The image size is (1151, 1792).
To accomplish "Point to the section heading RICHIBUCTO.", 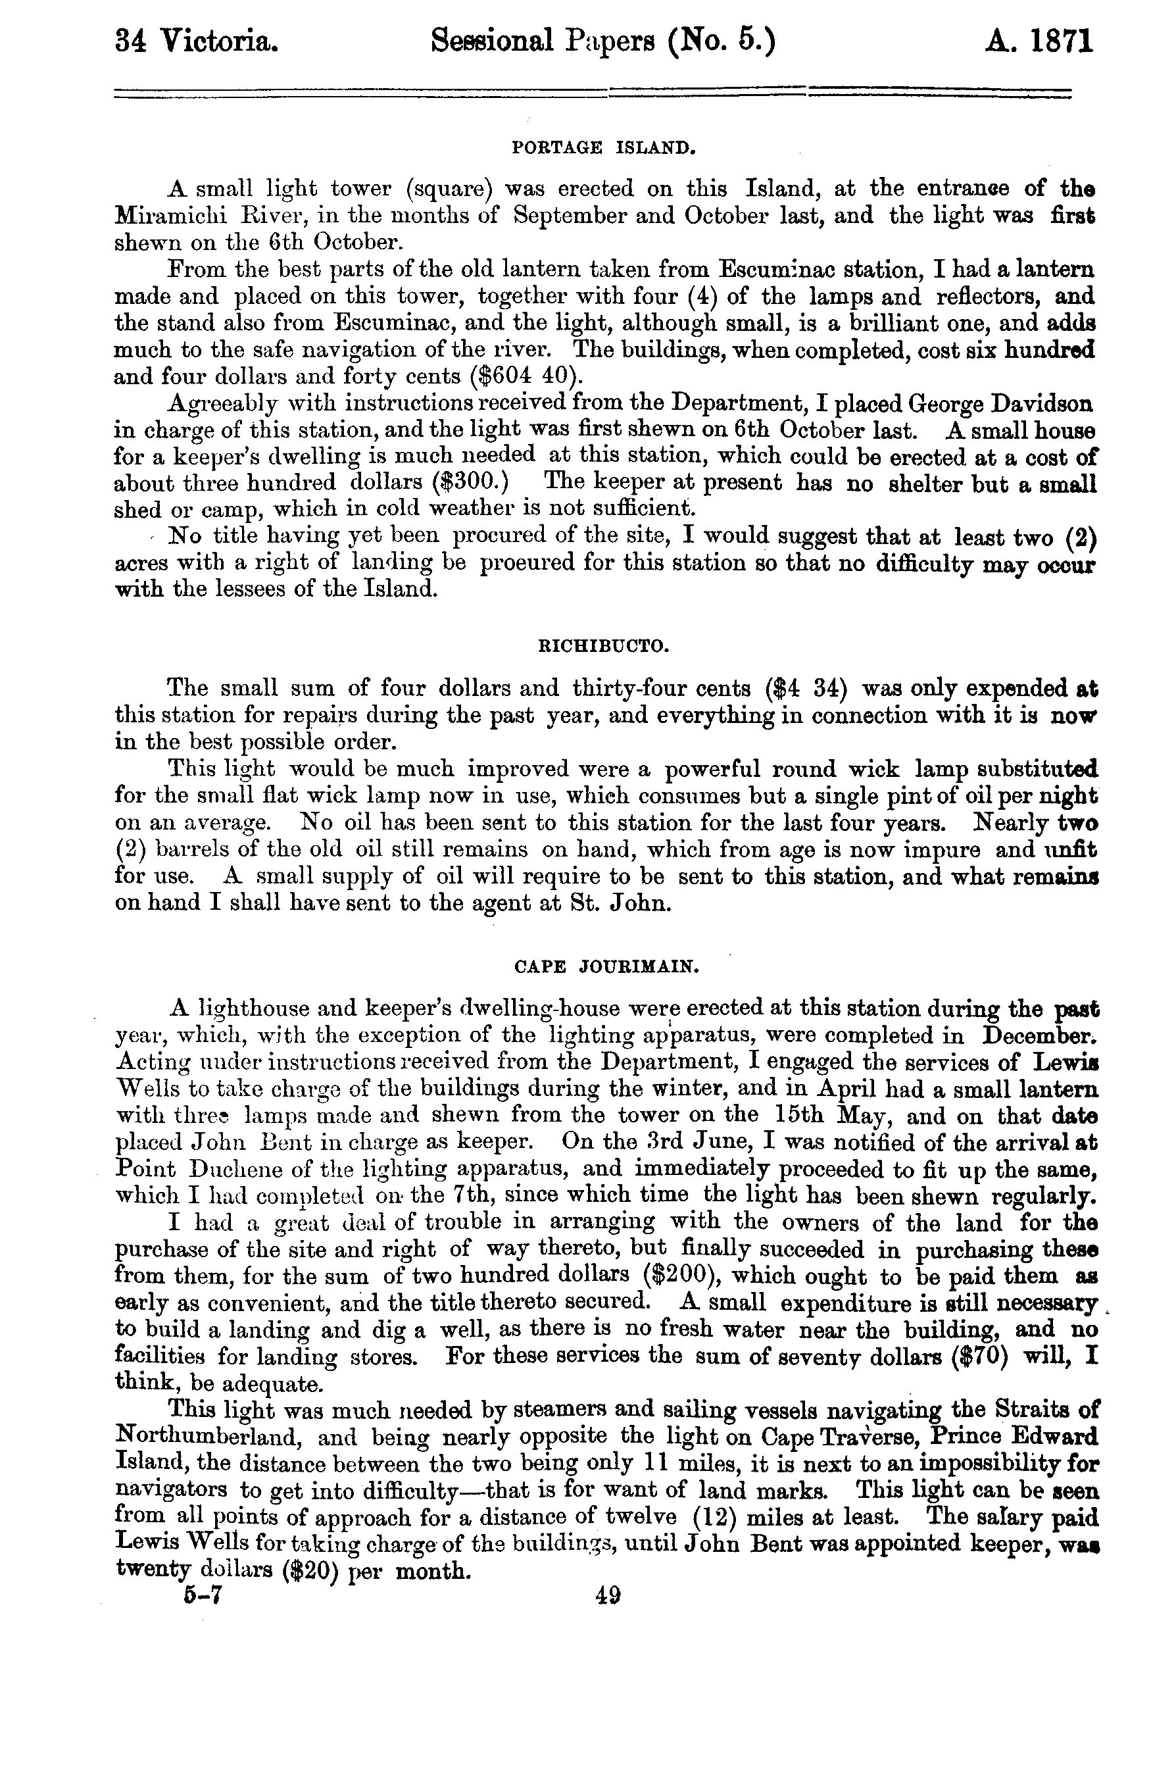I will [604, 645].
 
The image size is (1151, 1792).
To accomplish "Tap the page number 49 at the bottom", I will [608, 1596].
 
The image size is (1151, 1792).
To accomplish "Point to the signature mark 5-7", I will [205, 1596].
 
